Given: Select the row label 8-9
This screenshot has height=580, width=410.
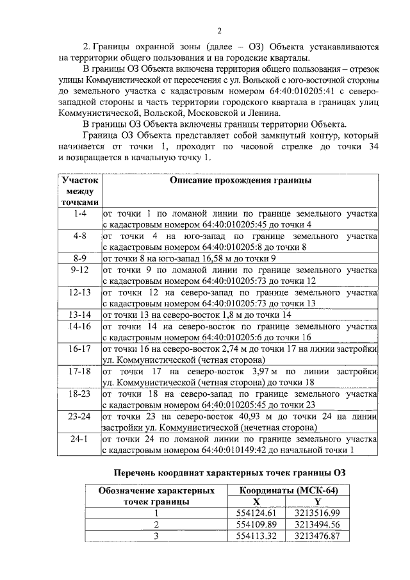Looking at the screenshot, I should (x=79, y=258).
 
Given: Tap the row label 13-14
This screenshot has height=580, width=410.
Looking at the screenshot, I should (x=79, y=315).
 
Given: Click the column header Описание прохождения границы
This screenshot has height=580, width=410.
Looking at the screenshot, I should (x=240, y=181).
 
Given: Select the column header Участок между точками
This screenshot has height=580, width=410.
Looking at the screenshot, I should (x=79, y=191).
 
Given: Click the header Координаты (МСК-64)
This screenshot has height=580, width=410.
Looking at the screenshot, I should (x=289, y=490).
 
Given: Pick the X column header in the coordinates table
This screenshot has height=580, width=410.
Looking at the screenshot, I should (x=256, y=501).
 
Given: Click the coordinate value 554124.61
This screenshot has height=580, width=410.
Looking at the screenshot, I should (x=256, y=513).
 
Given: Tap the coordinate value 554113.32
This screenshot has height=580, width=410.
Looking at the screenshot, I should (x=256, y=536).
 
